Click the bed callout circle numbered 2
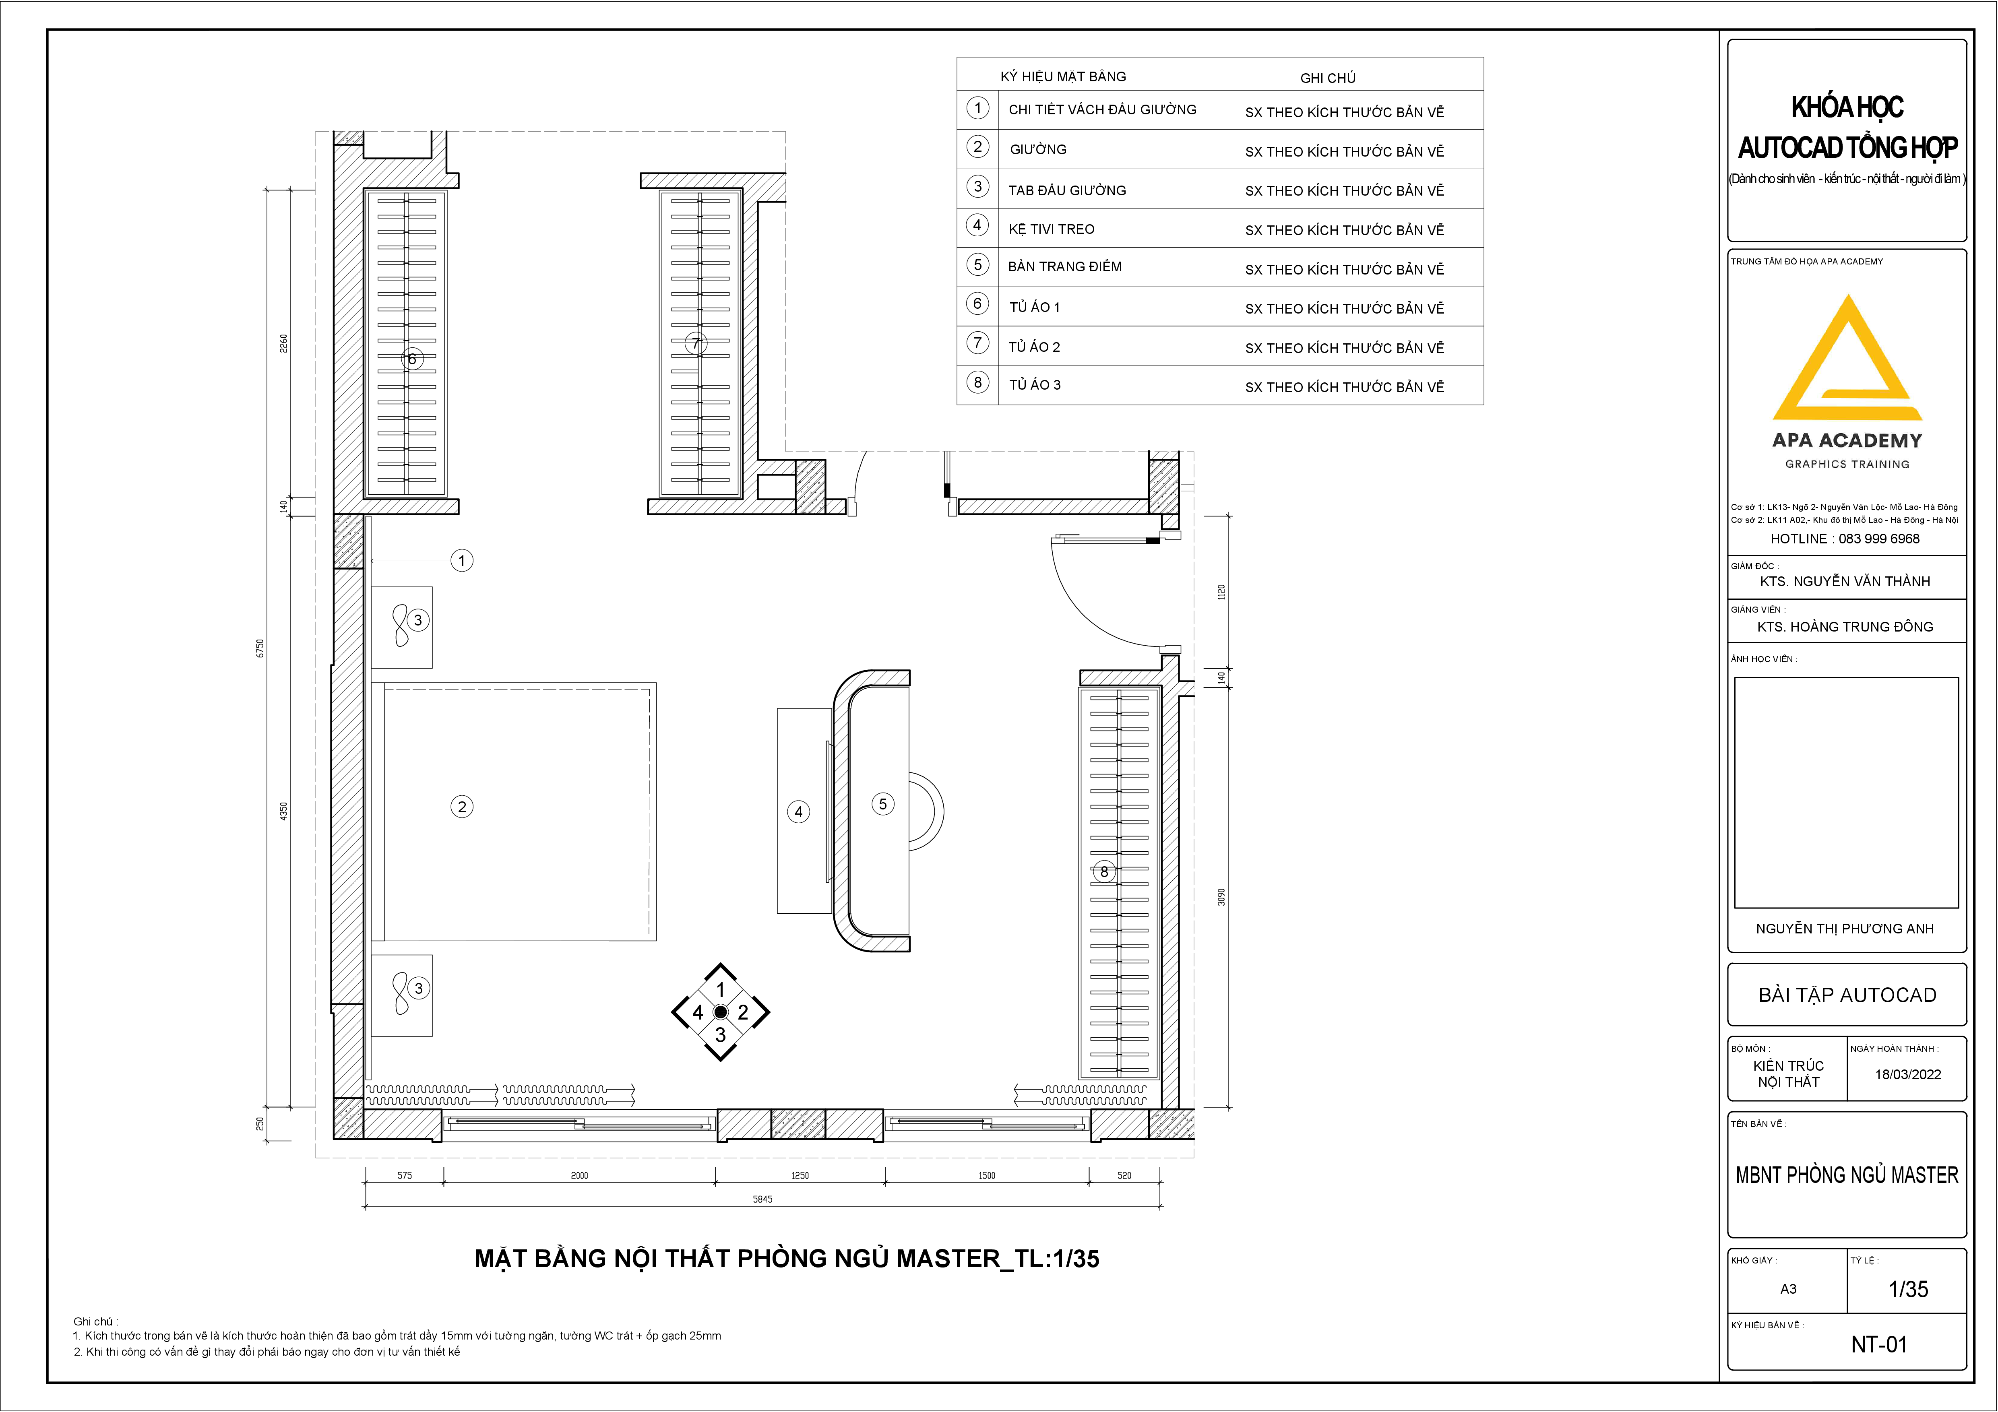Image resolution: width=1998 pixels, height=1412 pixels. coord(462,807)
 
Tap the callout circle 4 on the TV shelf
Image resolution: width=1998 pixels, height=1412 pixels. coord(799,812)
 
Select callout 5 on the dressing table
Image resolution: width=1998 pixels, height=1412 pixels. coord(882,804)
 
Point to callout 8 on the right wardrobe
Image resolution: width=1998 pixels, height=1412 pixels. coord(1104,871)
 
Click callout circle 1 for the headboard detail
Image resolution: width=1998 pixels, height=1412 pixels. coord(462,560)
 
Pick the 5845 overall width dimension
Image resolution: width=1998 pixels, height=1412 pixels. coord(762,1199)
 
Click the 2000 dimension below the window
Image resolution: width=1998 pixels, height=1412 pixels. coord(580,1175)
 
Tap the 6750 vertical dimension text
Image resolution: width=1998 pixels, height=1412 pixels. coord(259,648)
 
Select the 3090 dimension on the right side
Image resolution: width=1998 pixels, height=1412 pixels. coord(1221,897)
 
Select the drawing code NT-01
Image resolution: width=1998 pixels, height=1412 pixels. coord(1879,1344)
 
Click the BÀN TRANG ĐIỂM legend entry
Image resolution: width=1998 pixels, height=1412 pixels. coord(1065,266)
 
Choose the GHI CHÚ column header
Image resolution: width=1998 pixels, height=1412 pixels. coord(1328,77)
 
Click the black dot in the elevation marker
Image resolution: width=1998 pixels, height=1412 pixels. coord(721,1012)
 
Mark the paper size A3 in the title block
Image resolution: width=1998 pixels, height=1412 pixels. coord(1788,1288)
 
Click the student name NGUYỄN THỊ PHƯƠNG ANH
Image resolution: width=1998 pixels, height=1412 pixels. coord(1845,928)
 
